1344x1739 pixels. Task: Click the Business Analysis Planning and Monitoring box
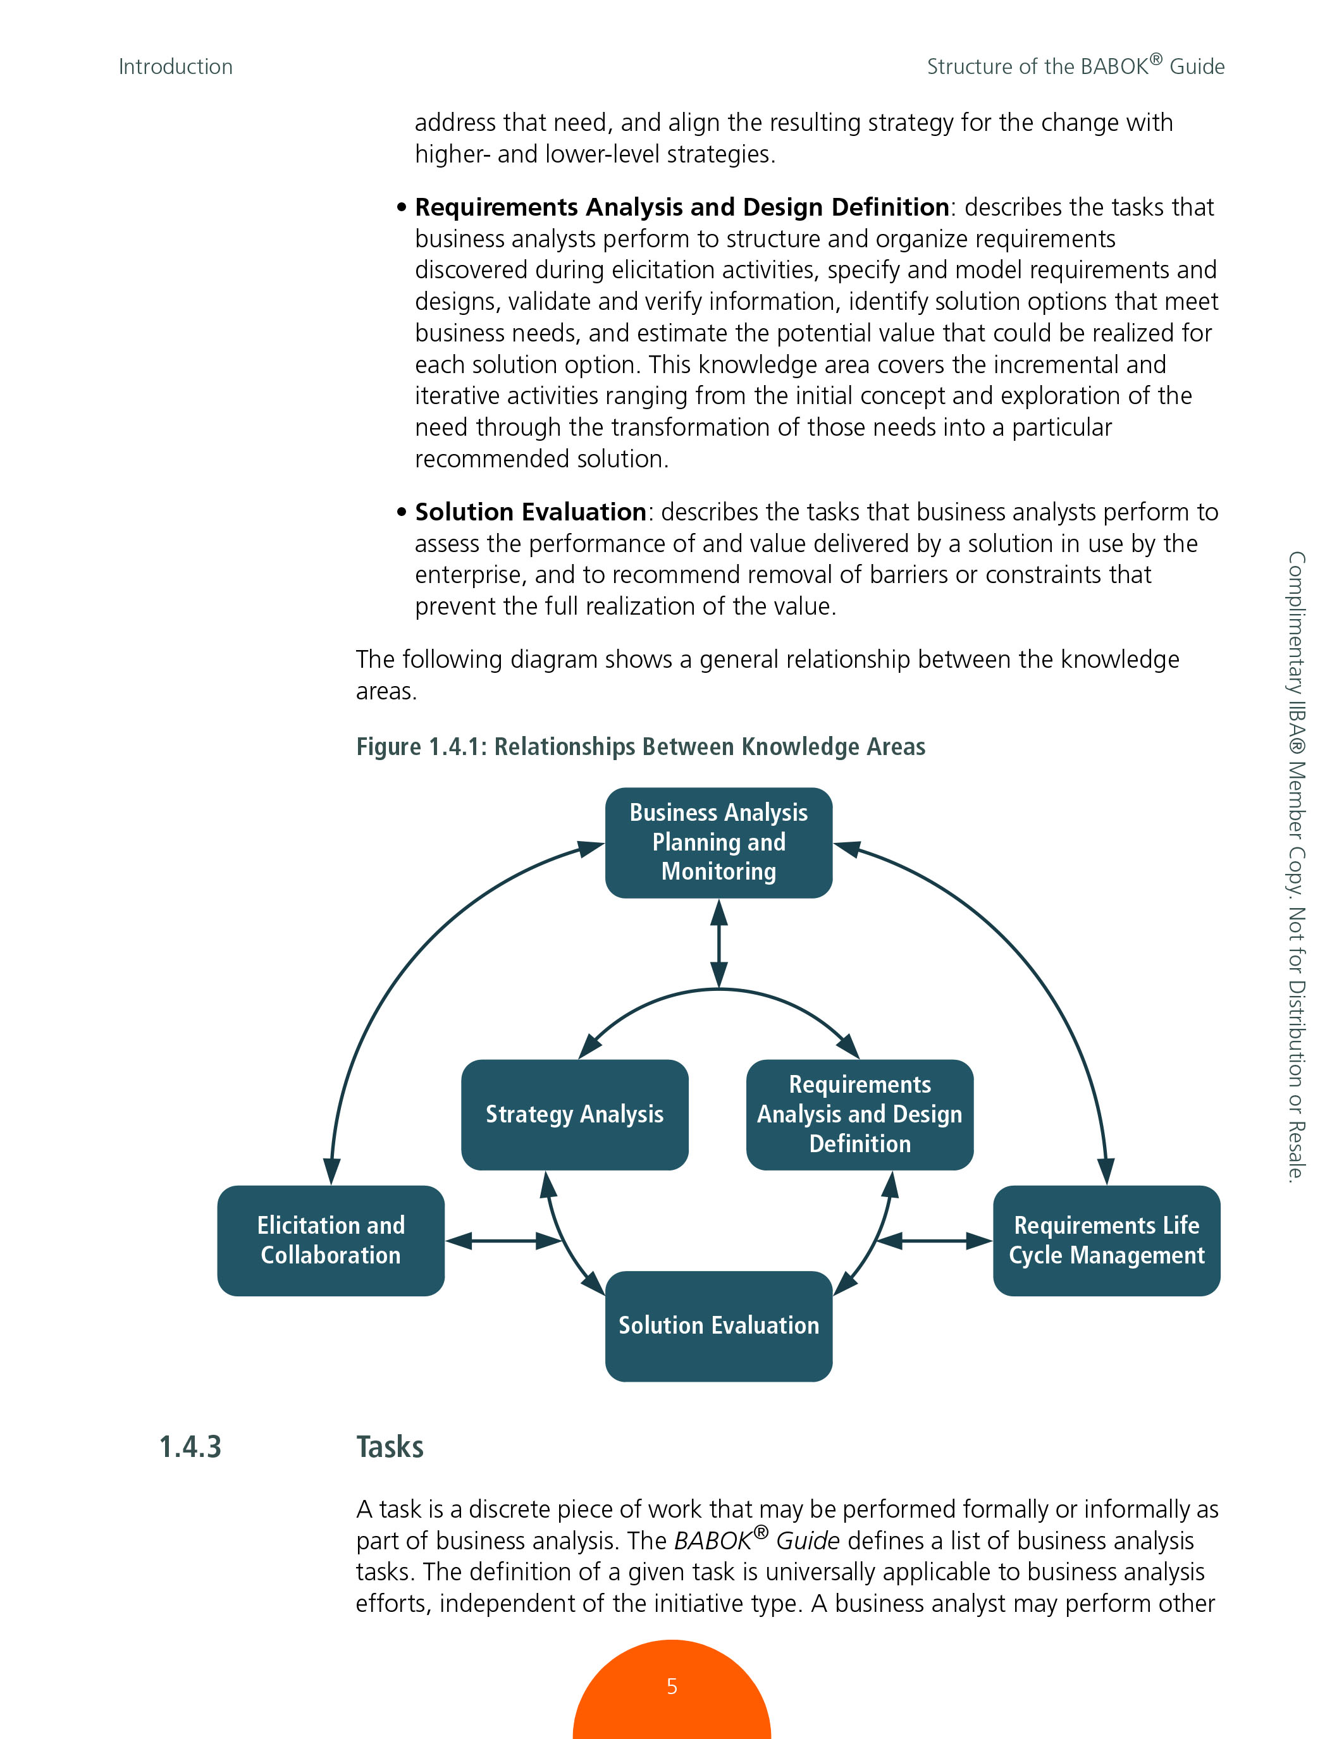(x=718, y=842)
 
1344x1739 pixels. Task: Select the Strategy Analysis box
(x=574, y=1114)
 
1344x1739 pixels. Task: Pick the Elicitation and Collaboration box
(x=330, y=1240)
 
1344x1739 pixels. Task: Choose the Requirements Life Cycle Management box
(x=1106, y=1240)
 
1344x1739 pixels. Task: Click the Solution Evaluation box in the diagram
(x=718, y=1325)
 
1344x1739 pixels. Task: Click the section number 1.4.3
(x=190, y=1447)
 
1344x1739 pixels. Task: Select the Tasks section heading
(x=390, y=1447)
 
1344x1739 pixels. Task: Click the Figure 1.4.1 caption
(x=640, y=747)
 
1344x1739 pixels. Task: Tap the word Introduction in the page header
(x=175, y=67)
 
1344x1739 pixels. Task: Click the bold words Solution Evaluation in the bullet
(x=530, y=512)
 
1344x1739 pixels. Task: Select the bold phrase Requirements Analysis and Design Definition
(x=682, y=207)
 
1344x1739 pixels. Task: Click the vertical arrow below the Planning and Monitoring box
(x=719, y=943)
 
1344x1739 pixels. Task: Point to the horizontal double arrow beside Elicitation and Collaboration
(x=504, y=1241)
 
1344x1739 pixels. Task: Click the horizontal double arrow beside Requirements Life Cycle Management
(x=934, y=1241)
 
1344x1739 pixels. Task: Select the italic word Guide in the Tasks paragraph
(x=808, y=1540)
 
